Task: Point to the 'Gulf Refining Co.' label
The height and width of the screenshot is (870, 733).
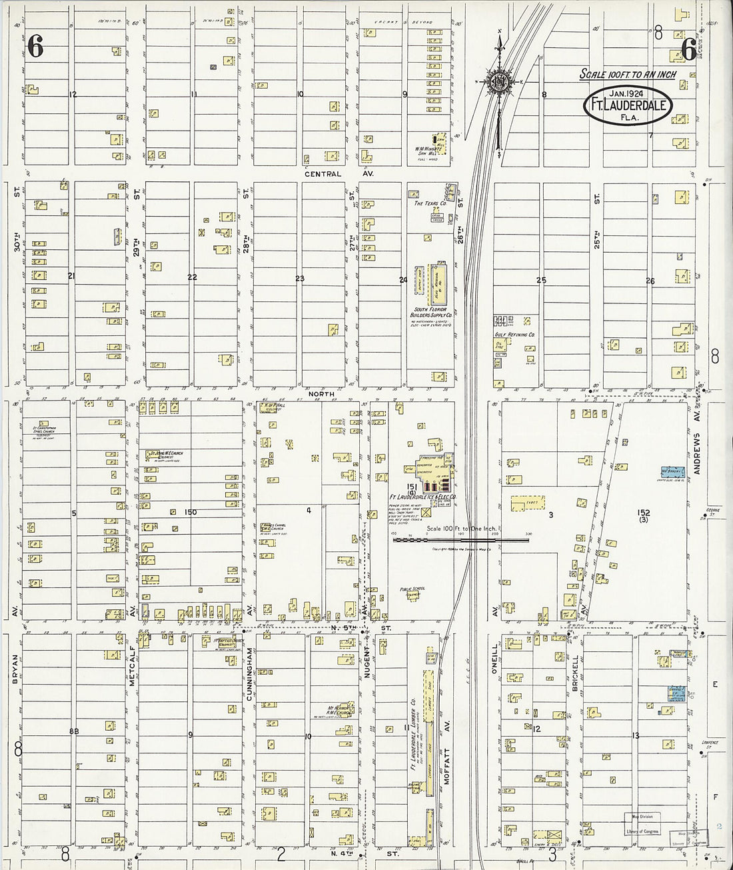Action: click(515, 335)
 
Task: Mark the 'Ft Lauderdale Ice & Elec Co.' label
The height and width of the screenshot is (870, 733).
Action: click(422, 497)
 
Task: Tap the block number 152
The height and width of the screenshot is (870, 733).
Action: click(643, 513)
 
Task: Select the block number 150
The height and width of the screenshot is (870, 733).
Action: click(191, 512)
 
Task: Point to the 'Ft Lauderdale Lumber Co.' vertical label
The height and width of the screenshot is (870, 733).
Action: click(413, 733)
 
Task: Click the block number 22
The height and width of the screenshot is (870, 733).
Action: click(192, 277)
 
